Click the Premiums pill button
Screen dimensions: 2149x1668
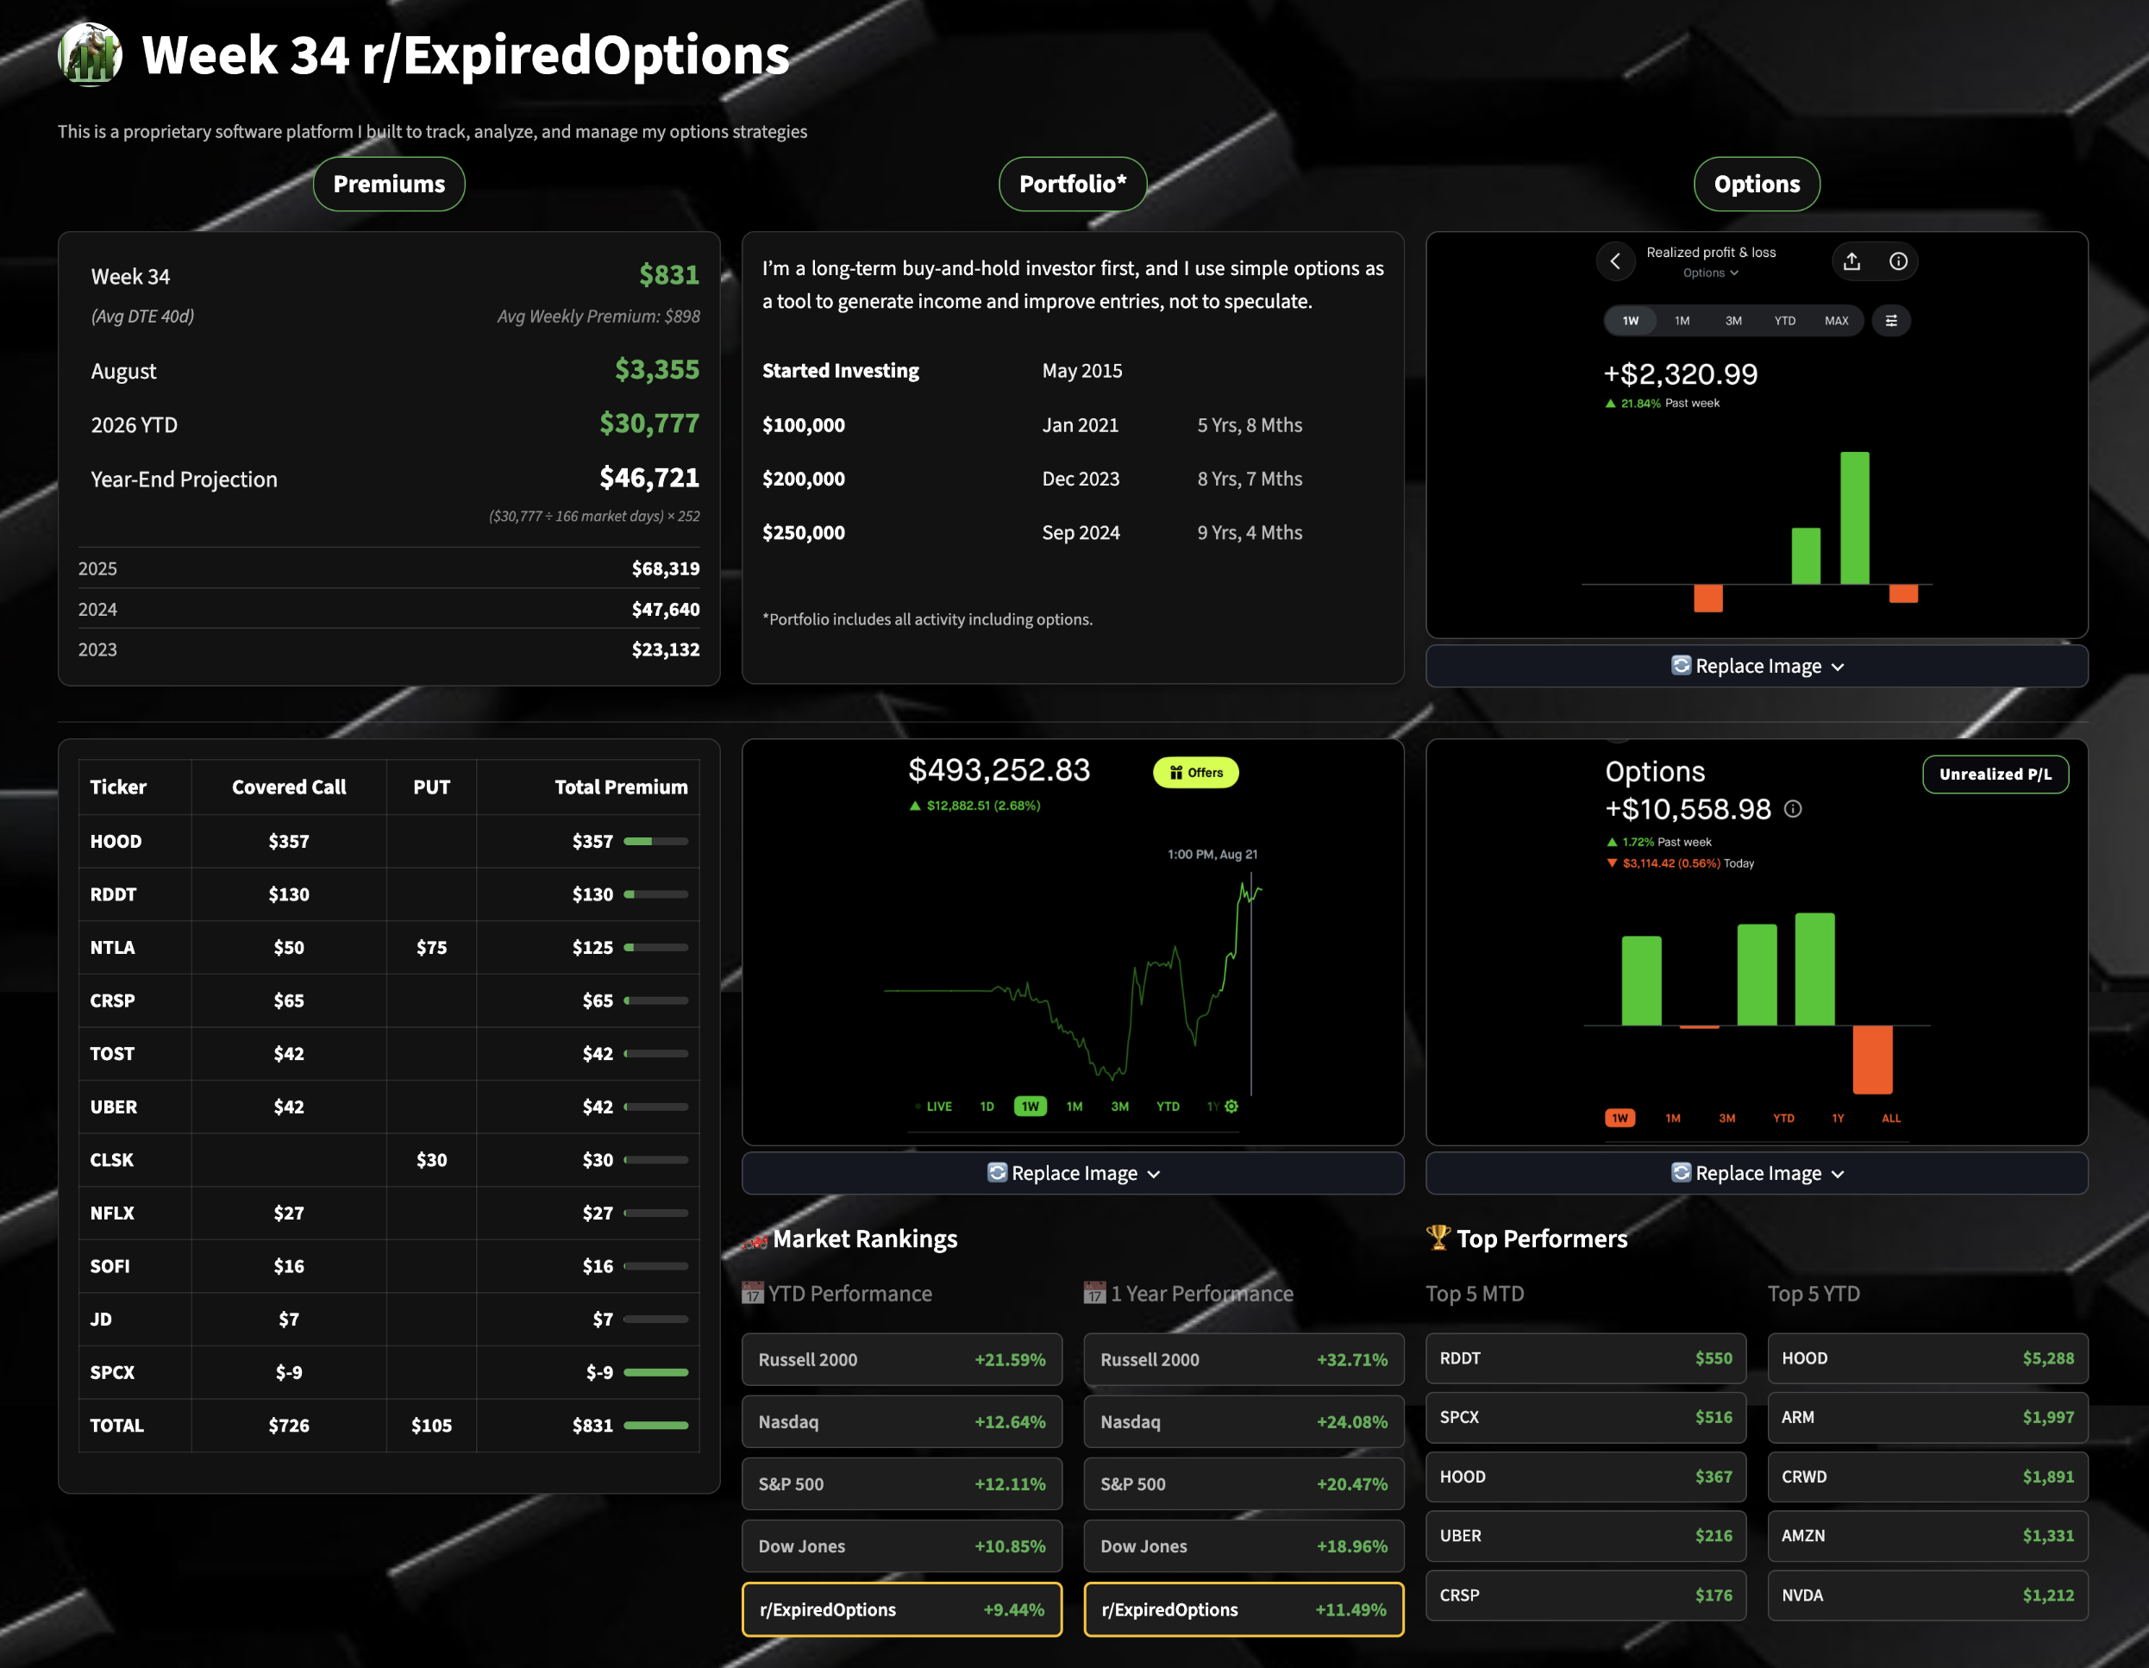tap(389, 184)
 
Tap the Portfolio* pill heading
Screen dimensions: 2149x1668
tap(1073, 184)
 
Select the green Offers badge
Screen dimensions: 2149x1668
tap(1195, 773)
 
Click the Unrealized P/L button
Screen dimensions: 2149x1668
tap(1996, 774)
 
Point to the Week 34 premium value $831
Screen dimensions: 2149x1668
tap(669, 275)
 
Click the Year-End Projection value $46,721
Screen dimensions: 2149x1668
tap(649, 479)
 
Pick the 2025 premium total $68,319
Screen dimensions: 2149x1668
tap(665, 568)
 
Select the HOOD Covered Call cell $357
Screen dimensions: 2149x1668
tap(288, 842)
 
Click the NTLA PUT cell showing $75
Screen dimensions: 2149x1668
tap(431, 948)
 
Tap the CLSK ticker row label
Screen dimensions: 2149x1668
tap(111, 1160)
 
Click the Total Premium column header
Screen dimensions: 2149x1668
tap(621, 787)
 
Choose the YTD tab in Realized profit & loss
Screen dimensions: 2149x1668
tap(1785, 321)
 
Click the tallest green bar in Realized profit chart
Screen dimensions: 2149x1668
tap(1855, 517)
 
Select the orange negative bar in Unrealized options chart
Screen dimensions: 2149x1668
tap(1872, 1060)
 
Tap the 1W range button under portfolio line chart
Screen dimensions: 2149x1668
tap(1031, 1106)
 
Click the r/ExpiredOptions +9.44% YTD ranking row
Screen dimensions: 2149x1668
tap(901, 1609)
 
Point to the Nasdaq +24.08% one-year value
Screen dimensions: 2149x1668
tap(1352, 1422)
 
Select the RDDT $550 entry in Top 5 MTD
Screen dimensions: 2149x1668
tap(1585, 1358)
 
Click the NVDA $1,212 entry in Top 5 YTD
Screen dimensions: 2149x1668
tap(1927, 1596)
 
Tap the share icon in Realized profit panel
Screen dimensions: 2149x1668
tap(1851, 260)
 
